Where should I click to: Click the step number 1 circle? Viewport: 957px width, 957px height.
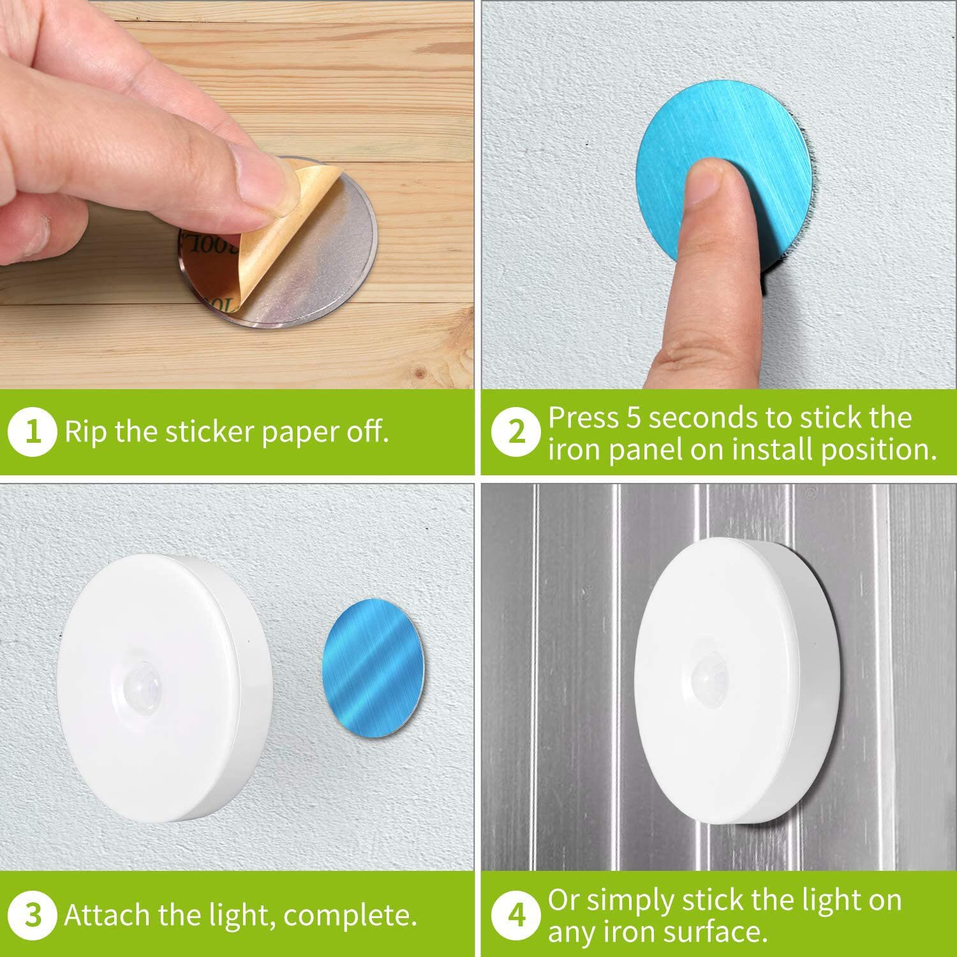pyautogui.click(x=33, y=433)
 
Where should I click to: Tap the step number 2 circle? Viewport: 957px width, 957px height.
pyautogui.click(x=516, y=433)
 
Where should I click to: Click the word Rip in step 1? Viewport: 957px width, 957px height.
pyautogui.click(x=86, y=432)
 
